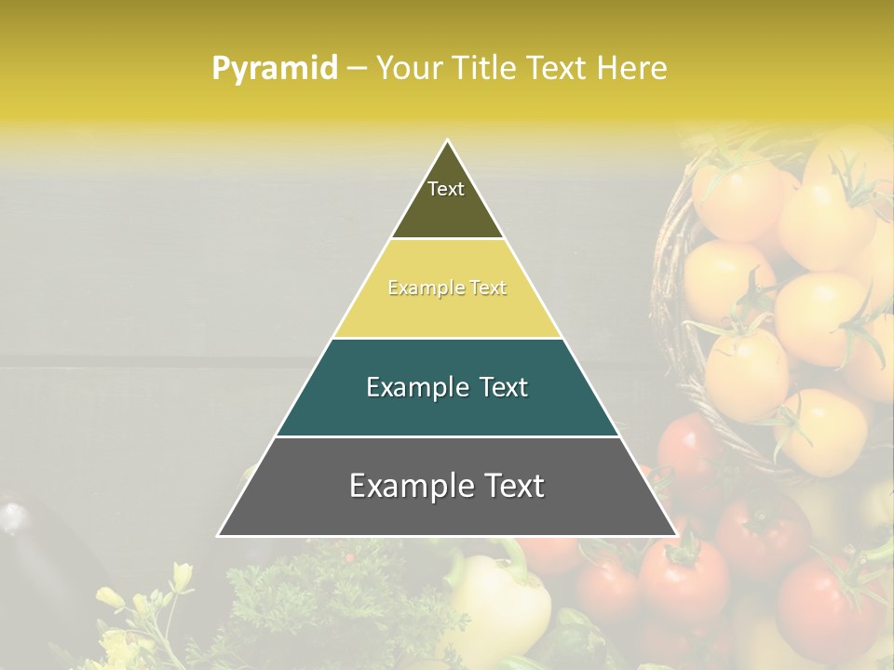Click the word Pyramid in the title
click(x=275, y=69)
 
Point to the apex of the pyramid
click(x=448, y=141)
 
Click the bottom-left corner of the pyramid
click(x=219, y=535)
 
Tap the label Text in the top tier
click(x=446, y=189)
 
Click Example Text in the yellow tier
click(x=447, y=288)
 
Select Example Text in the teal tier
click(x=447, y=387)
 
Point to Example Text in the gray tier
click(x=447, y=486)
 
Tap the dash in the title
click(x=357, y=69)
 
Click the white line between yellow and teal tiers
click(x=447, y=339)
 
